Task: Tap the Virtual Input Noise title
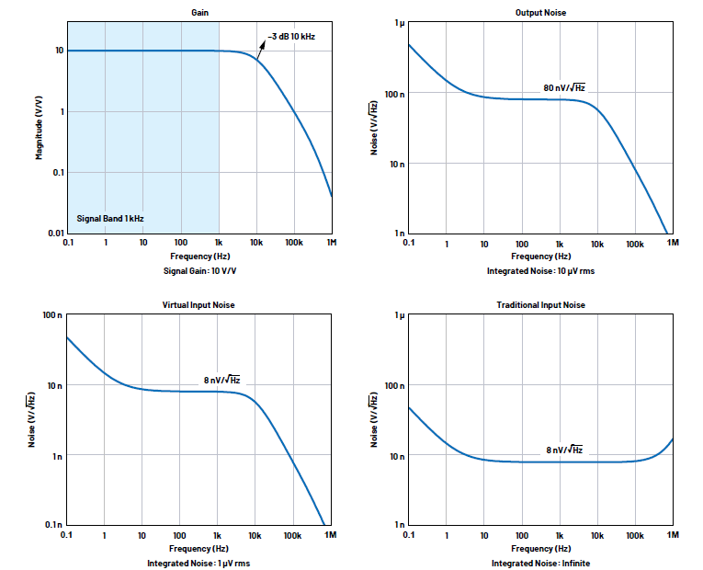tap(198, 305)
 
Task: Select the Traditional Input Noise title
tap(540, 305)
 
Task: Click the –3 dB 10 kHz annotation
tap(291, 37)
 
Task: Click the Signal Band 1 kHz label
tap(109, 218)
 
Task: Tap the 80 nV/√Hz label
tap(564, 88)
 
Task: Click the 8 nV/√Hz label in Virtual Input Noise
tap(222, 380)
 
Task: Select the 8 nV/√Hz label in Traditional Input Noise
tap(564, 450)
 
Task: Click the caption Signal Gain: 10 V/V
tap(198, 271)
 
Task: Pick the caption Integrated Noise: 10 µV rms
tap(540, 271)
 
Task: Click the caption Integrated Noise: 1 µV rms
tap(198, 563)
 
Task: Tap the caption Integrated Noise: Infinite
tap(540, 563)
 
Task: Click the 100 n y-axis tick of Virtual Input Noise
tap(51, 315)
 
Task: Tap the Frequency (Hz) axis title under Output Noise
tap(540, 256)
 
